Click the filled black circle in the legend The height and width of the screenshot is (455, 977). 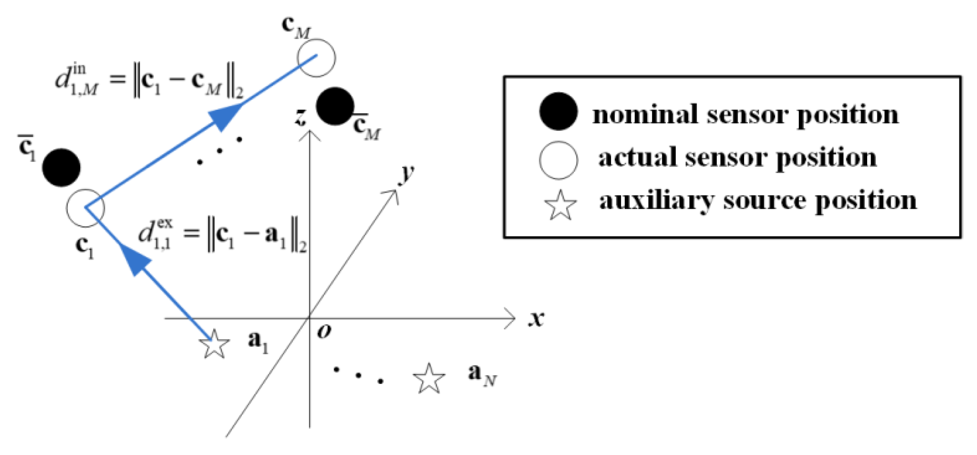point(558,112)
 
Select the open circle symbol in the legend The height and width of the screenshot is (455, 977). point(558,160)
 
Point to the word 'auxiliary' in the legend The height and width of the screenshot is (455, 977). point(656,200)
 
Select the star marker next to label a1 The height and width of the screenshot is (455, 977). point(214,344)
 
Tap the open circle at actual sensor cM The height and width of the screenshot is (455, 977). point(316,58)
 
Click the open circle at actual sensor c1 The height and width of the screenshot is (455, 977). point(85,208)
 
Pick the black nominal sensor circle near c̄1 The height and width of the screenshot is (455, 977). point(62,168)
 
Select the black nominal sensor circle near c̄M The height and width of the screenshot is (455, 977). point(335,106)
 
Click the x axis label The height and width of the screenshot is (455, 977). point(537,318)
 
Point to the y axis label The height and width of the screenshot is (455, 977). point(406,173)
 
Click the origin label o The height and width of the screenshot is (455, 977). point(324,332)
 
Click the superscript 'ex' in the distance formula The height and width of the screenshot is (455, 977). point(165,223)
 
